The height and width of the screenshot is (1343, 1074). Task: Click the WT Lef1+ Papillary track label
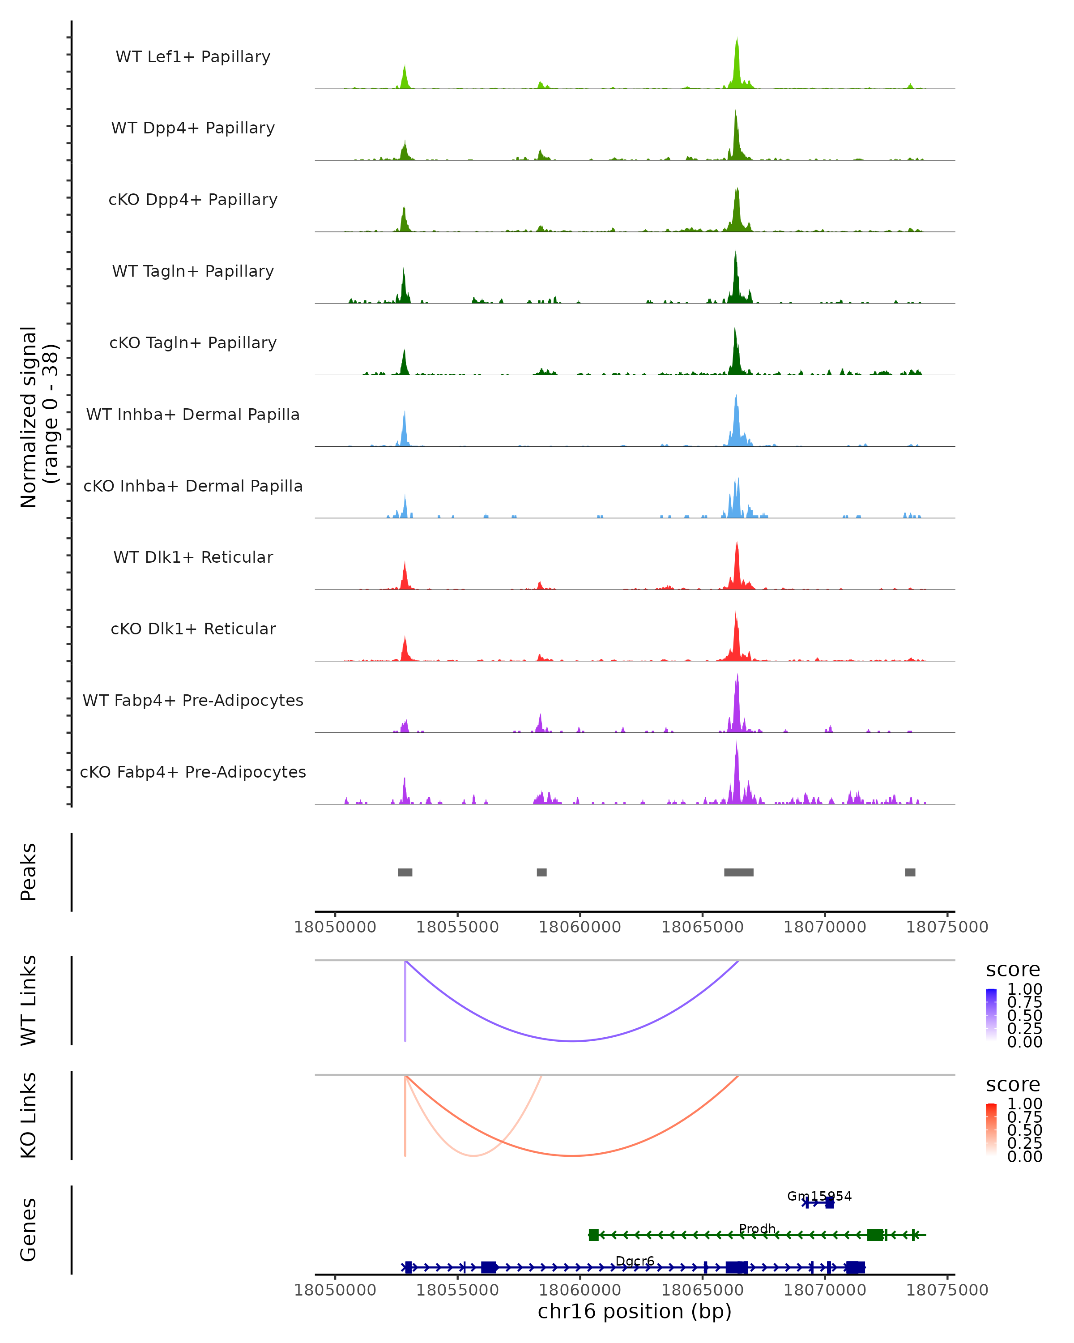click(193, 57)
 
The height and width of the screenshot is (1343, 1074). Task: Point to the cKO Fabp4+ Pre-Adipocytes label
click(193, 772)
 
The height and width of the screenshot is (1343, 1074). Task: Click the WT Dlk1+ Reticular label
click(193, 557)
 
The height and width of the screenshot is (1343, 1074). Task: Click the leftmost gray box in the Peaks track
click(405, 872)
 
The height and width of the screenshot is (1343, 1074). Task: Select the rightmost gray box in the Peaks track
click(910, 872)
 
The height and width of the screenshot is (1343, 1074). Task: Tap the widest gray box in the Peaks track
click(738, 872)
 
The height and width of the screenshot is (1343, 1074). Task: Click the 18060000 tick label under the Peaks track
click(580, 927)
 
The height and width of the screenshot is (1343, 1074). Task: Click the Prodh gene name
click(757, 1228)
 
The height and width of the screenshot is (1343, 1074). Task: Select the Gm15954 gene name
click(819, 1196)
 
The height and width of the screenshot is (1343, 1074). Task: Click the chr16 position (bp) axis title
click(635, 1312)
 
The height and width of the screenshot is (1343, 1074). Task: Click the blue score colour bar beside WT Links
click(991, 1015)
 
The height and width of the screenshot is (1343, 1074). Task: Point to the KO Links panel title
click(29, 1115)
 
